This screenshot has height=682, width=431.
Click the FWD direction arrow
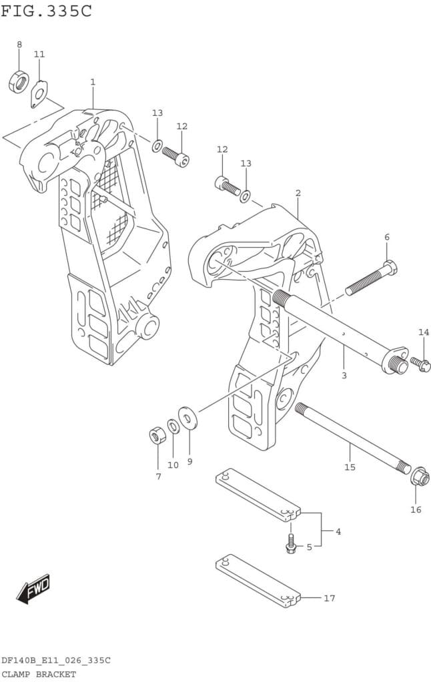[33, 590]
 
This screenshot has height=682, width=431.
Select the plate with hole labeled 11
[39, 93]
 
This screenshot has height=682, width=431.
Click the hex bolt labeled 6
[372, 278]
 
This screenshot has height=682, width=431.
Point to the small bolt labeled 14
[420, 364]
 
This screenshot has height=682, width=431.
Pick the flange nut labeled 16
[420, 478]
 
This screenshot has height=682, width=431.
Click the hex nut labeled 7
[157, 436]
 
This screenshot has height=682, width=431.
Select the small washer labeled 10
[173, 426]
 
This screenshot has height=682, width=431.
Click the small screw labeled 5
[291, 544]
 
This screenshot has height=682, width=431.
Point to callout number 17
[330, 598]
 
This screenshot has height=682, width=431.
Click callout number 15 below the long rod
[350, 467]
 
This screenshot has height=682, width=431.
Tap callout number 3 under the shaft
[344, 376]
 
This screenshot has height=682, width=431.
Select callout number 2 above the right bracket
[298, 193]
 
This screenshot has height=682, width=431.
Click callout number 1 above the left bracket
[93, 82]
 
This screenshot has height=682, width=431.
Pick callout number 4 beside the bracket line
[338, 531]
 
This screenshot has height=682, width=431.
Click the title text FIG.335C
[46, 11]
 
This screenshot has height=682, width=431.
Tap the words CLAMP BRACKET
[38, 675]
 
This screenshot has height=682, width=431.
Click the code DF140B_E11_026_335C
[56, 661]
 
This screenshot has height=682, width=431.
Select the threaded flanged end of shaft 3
[395, 361]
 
